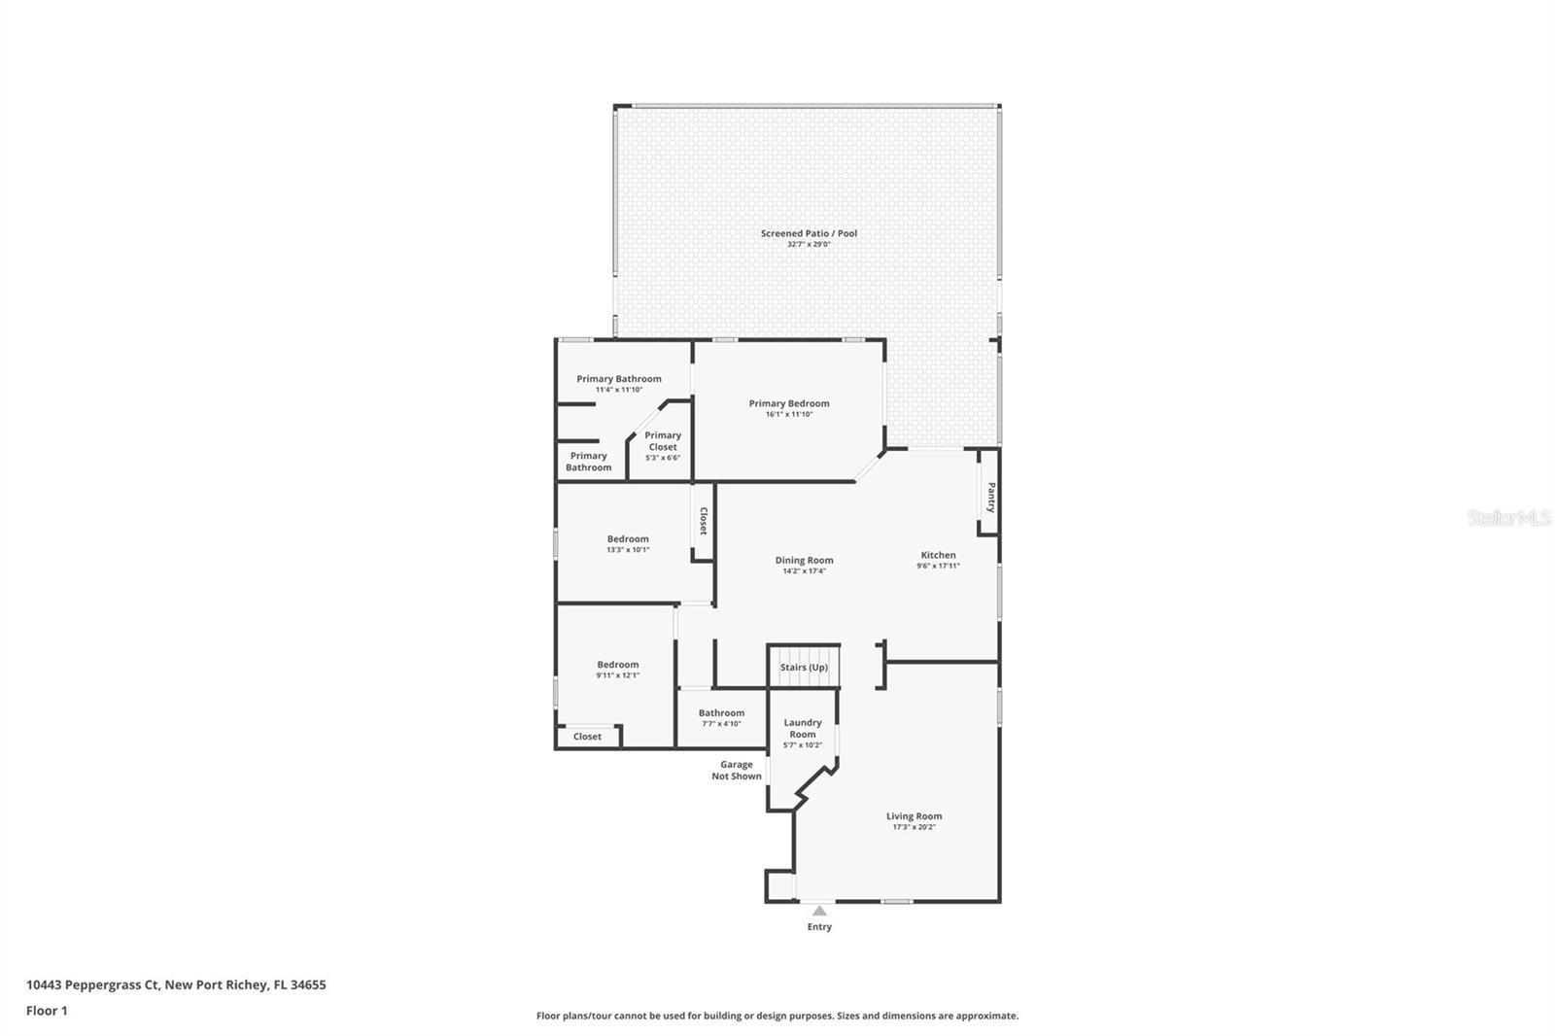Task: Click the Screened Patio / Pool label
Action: point(809,233)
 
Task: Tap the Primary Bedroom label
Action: point(788,403)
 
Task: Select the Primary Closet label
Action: point(663,441)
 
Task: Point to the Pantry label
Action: point(990,498)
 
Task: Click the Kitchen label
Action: point(938,555)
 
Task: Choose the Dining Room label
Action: point(804,560)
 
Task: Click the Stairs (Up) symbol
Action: point(804,667)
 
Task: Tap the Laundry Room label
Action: point(803,728)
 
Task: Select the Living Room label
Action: point(914,816)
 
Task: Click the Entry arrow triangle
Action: point(819,911)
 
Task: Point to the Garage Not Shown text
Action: point(736,771)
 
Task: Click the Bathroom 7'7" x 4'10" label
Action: point(721,712)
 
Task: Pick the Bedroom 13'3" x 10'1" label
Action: point(628,538)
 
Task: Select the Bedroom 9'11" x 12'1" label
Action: point(618,665)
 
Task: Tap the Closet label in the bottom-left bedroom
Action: point(587,737)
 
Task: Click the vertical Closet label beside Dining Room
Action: point(703,522)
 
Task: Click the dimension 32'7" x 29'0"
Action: point(809,245)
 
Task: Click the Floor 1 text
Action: point(47,1011)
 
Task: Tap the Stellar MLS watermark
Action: point(1508,519)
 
